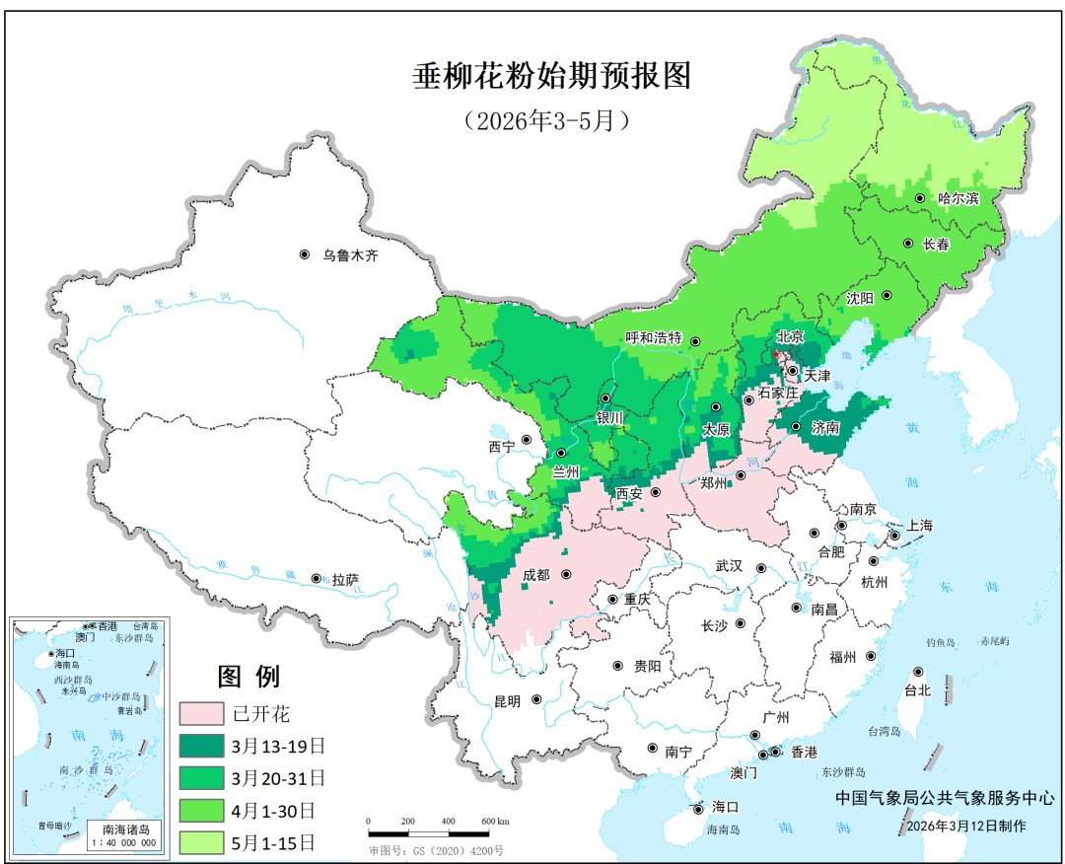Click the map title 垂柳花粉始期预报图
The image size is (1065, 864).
551,76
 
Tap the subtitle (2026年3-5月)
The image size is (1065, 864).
545,120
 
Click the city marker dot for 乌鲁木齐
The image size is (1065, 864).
305,254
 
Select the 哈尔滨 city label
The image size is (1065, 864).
958,198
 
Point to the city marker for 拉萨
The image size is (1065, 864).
316,578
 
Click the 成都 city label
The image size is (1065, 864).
537,574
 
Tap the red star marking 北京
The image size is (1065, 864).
776,352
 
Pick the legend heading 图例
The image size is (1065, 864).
248,677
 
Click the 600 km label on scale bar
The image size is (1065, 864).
495,821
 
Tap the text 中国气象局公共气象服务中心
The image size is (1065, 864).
937,798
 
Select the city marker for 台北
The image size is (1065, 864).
918,672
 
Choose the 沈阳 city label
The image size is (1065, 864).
860,296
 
